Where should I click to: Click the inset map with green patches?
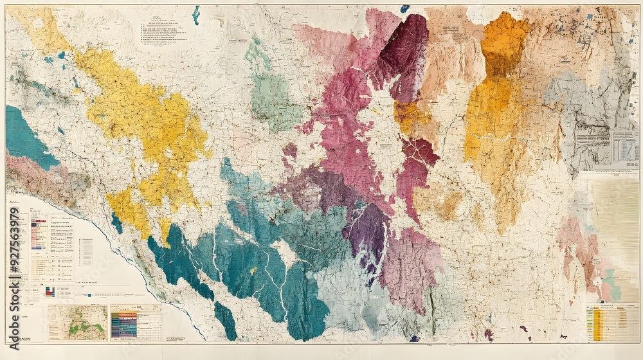[x=77, y=322]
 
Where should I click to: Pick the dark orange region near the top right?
[x=505, y=42]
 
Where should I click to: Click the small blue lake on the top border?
[x=404, y=8]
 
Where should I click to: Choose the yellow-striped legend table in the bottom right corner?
[x=611, y=322]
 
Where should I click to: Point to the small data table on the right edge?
[x=624, y=147]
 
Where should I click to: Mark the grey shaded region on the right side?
[x=579, y=116]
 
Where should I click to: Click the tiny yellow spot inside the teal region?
[x=253, y=271]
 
